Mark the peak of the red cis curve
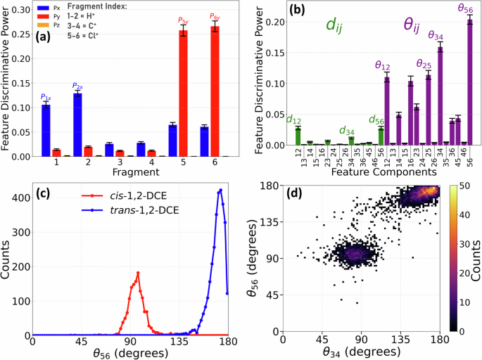coord(138,273)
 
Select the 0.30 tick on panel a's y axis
coord(18,11)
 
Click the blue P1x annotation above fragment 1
coord(46,96)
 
